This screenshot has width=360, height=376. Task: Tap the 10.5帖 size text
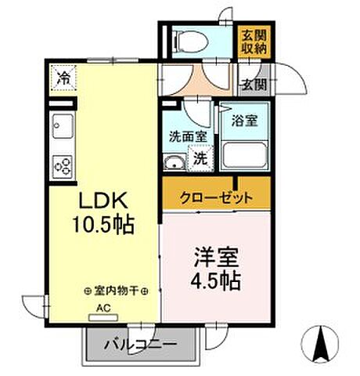[x=102, y=225]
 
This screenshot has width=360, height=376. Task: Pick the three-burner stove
[x=62, y=165]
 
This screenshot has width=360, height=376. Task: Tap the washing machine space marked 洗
[x=200, y=157]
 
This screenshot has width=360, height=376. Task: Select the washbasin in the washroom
[x=174, y=162]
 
